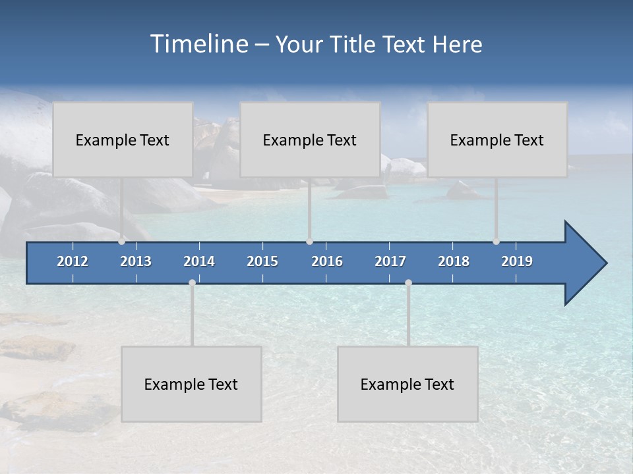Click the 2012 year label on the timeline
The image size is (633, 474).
pyautogui.click(x=73, y=261)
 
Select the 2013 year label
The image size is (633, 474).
pyautogui.click(x=136, y=261)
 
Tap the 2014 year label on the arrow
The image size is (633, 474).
pyautogui.click(x=199, y=261)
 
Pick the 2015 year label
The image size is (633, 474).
pyautogui.click(x=262, y=261)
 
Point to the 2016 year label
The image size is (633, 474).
pyautogui.click(x=327, y=261)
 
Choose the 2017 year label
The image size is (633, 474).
pyautogui.click(x=390, y=261)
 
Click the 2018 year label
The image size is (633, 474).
pyautogui.click(x=454, y=261)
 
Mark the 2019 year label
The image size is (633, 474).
pyautogui.click(x=517, y=261)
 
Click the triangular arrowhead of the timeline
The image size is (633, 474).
pyautogui.click(x=584, y=263)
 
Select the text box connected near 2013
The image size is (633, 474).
pyautogui.click(x=123, y=140)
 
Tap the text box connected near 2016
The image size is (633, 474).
pyautogui.click(x=310, y=140)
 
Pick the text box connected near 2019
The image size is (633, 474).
pyautogui.click(x=497, y=140)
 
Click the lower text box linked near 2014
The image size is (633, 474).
pyautogui.click(x=191, y=384)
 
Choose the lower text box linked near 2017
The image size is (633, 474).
pyautogui.click(x=407, y=384)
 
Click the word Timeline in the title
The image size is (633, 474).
pyautogui.click(x=198, y=44)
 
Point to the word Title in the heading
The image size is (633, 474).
pyautogui.click(x=355, y=45)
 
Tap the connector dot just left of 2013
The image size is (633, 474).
pyautogui.click(x=122, y=241)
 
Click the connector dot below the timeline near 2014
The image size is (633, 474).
pyautogui.click(x=192, y=283)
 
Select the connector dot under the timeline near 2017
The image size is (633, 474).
pyautogui.click(x=408, y=283)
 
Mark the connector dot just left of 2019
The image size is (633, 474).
pyautogui.click(x=497, y=241)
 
